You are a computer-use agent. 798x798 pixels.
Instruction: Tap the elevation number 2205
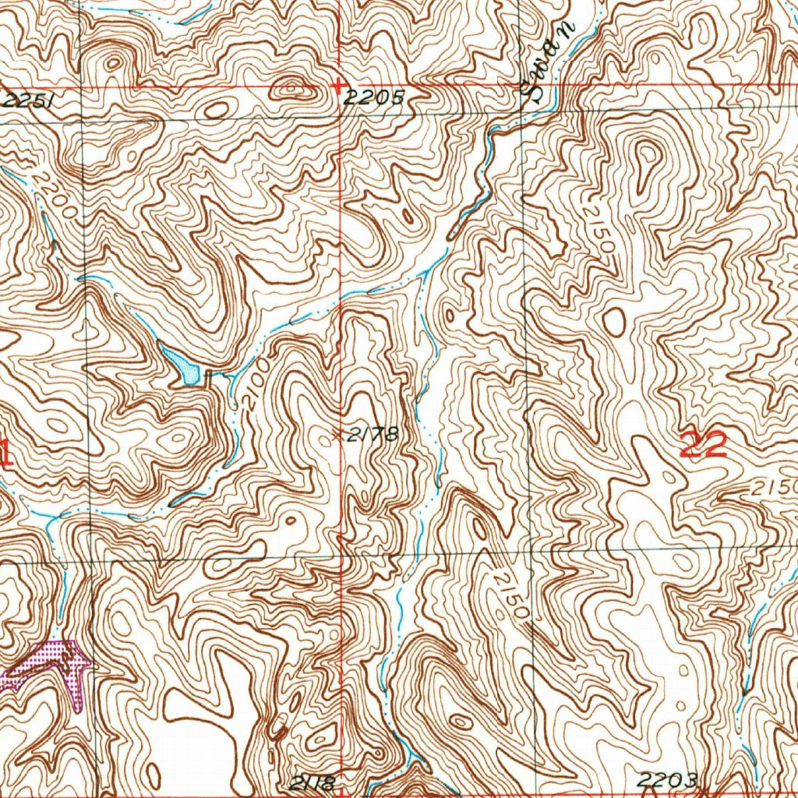click(x=375, y=97)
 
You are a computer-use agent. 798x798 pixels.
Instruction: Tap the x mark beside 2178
click(x=337, y=435)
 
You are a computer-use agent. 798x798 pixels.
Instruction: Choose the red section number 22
click(x=704, y=445)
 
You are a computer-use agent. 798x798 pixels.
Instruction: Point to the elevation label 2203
click(x=666, y=779)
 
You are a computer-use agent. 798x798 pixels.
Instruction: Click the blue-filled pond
click(x=182, y=365)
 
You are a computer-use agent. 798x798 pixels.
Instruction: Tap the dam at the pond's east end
click(x=208, y=378)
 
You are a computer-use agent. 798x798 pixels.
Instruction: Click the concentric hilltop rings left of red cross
click(x=294, y=90)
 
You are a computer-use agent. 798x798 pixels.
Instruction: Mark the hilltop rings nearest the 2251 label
click(x=113, y=62)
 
